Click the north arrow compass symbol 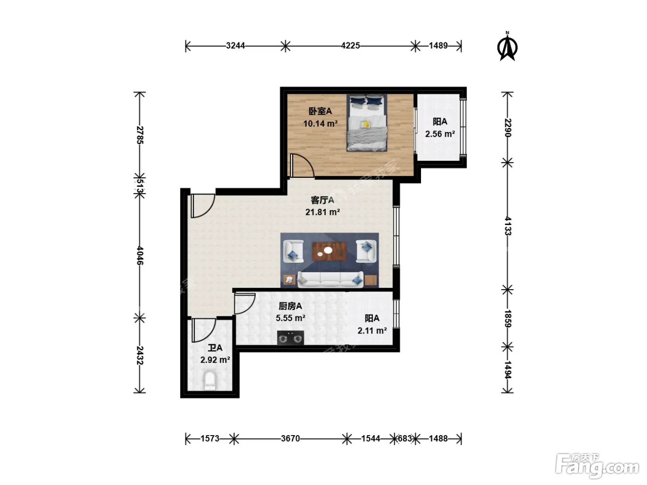tap(507, 47)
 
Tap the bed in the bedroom tap(366, 123)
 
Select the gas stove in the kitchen tap(290, 338)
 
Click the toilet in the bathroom tap(210, 381)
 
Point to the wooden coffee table tap(330, 251)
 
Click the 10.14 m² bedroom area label tap(320, 124)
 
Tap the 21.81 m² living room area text tap(323, 212)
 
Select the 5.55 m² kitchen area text tap(290, 318)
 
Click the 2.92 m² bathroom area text tap(215, 360)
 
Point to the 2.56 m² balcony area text tap(440, 134)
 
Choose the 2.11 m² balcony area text tap(372, 331)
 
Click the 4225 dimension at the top tap(350, 46)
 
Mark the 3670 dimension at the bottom tap(290, 438)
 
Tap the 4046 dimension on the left tap(140, 255)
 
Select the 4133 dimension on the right tap(507, 226)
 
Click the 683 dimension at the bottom tap(405, 438)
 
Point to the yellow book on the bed tap(366, 124)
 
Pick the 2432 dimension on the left tap(140, 355)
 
